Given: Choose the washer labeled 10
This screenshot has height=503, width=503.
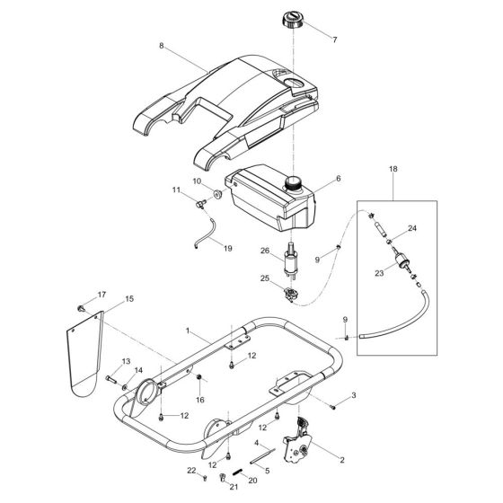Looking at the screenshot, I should click(x=216, y=196).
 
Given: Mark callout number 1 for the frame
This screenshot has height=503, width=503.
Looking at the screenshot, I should click(x=187, y=331).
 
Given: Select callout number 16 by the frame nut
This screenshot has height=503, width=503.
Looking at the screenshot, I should click(x=200, y=399).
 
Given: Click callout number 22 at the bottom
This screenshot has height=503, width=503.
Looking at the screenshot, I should click(x=191, y=471).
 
